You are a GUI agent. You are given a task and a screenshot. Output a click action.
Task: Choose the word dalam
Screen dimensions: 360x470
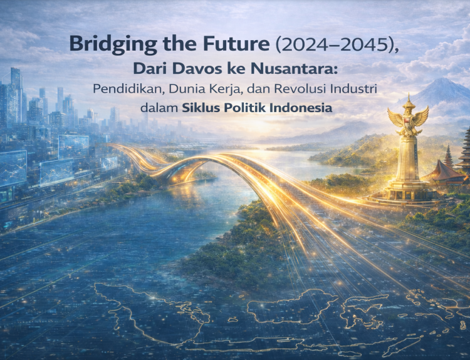point(158,108)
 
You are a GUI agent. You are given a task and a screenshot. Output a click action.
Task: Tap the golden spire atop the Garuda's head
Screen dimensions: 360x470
point(408,100)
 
